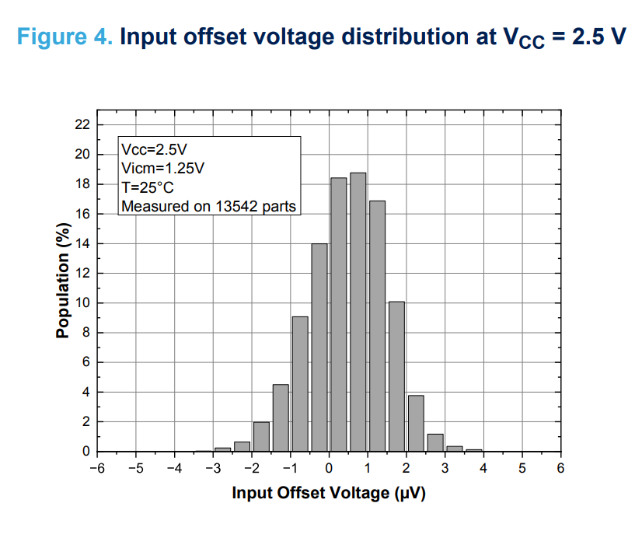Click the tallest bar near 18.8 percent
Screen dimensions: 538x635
point(358,311)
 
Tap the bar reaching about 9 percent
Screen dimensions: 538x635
point(300,384)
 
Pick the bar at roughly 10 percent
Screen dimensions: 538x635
point(396,376)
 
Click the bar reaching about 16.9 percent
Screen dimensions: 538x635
point(377,327)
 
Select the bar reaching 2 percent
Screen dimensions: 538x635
point(262,437)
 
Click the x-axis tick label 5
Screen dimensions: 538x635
point(522,468)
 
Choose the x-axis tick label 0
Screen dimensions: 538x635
point(329,468)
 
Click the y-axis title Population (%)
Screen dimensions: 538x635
point(63,280)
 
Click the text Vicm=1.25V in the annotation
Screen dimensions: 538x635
point(163,168)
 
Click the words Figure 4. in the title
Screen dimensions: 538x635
point(65,37)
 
